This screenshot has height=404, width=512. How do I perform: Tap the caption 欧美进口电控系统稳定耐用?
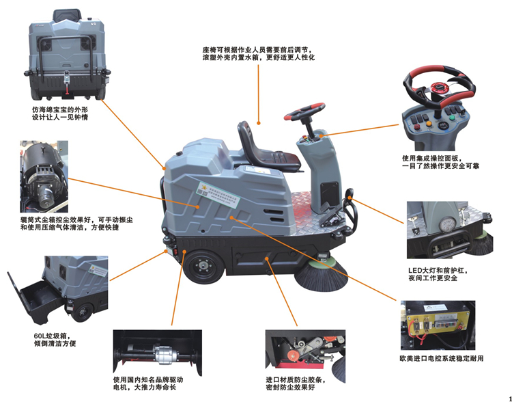click(441, 358)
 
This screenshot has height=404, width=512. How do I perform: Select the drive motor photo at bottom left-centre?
click(158, 353)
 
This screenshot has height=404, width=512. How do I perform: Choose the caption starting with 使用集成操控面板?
click(438, 162)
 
